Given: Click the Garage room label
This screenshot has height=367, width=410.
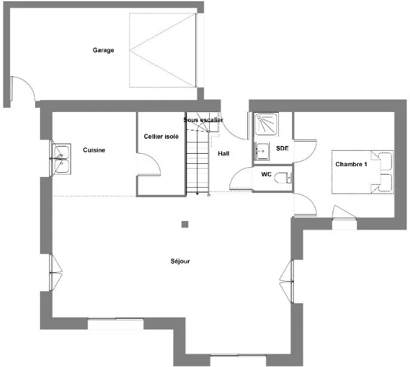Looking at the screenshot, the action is [x=103, y=50].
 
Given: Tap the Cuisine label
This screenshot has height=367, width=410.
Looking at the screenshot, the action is [x=94, y=150].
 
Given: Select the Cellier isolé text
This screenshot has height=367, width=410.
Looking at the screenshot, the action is [x=161, y=136].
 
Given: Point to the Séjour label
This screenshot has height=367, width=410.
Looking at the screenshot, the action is [x=180, y=261].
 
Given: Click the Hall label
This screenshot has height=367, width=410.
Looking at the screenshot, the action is [x=223, y=154].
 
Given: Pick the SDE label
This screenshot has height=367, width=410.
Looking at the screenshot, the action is [x=282, y=148].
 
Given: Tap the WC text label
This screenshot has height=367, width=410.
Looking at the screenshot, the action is [x=266, y=174].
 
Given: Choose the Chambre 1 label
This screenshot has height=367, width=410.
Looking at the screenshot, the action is [x=351, y=164].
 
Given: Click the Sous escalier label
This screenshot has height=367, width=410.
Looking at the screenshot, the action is [x=203, y=120].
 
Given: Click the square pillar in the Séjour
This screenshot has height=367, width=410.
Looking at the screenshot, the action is [x=185, y=224].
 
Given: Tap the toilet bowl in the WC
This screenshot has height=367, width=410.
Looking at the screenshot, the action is [x=283, y=178].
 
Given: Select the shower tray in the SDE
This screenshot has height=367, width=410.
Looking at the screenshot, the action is [x=266, y=124].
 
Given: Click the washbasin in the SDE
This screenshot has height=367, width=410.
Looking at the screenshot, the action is [x=262, y=151].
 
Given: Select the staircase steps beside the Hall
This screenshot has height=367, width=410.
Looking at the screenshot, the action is [x=198, y=162].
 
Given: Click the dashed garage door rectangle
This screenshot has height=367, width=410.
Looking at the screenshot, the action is [x=163, y=50].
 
